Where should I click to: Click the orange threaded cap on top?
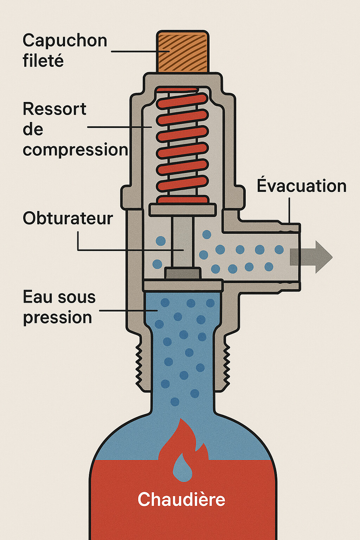[182, 52]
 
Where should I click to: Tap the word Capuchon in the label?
[65, 41]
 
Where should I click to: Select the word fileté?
[43, 60]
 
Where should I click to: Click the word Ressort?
[54, 109]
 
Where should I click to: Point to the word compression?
[75, 150]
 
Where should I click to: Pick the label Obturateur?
[68, 218]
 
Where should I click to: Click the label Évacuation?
[302, 186]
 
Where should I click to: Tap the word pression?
[58, 317]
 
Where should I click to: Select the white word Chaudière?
[181, 499]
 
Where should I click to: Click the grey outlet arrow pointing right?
[311, 257]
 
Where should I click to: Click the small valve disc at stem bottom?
[182, 273]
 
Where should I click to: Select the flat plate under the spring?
[182, 210]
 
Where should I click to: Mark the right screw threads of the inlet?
[226, 366]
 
